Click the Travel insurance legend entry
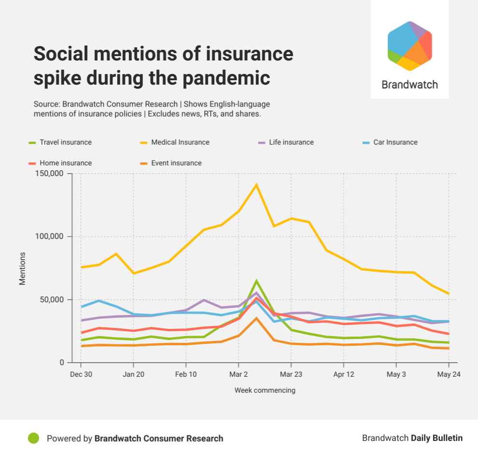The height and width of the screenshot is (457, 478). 65,142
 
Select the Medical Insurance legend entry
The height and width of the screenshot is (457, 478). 180,142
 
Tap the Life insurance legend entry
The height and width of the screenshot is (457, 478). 291,142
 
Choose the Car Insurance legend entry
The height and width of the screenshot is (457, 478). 395,142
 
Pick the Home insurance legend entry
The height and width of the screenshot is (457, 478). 65,163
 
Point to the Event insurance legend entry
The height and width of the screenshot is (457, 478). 176,163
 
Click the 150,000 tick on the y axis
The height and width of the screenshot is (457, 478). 50,174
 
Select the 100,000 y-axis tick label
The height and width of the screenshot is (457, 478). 50,236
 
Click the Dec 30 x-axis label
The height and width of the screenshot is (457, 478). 80,374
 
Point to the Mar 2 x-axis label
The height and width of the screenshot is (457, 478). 238,374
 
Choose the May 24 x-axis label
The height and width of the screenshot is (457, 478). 449,374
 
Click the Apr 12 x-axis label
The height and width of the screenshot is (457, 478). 343,374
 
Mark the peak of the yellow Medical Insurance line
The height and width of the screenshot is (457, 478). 256,185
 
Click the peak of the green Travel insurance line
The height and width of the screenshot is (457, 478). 256,281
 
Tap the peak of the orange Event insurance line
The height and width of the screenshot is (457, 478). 256,318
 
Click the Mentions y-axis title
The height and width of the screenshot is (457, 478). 22,268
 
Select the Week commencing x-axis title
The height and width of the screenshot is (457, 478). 265,390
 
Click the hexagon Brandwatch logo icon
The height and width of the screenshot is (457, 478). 409,46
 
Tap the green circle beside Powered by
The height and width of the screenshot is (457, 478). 33,438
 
